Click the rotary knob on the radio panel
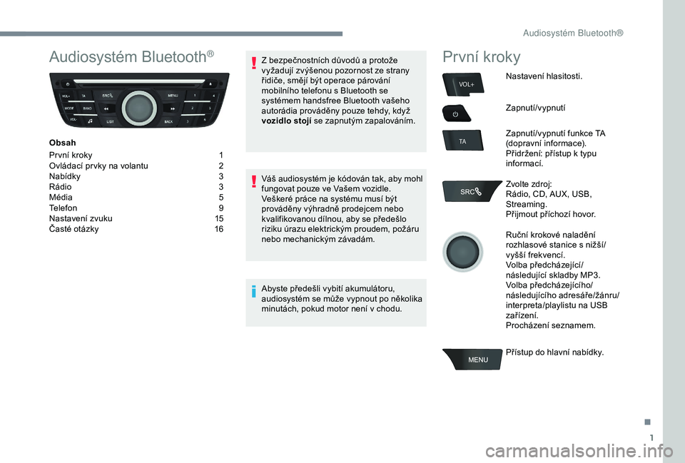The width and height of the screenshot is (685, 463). [139, 108]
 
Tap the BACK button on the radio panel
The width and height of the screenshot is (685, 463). [168, 121]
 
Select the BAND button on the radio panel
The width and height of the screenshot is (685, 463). [87, 108]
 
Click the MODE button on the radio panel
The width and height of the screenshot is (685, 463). [69, 108]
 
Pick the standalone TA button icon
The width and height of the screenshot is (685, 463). [462, 142]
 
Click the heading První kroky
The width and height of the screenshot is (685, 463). [482, 57]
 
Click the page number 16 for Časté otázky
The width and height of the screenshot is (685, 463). [218, 229]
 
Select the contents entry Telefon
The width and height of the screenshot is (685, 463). [63, 208]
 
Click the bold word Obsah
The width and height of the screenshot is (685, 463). [62, 143]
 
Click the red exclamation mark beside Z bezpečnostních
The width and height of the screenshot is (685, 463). [253, 65]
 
